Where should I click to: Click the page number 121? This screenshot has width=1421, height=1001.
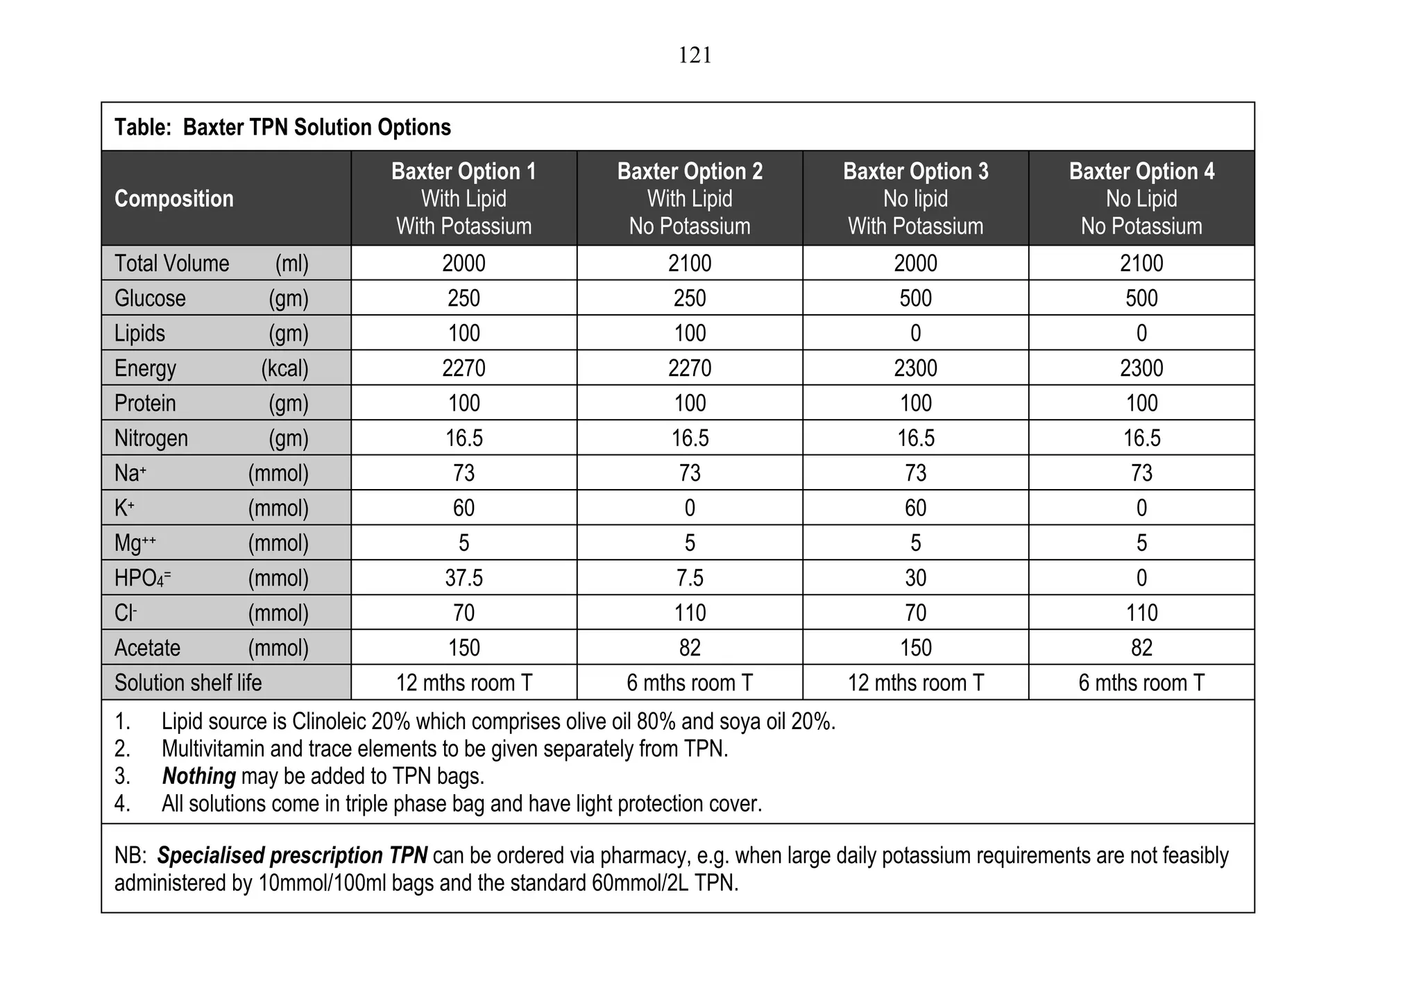coord(695,55)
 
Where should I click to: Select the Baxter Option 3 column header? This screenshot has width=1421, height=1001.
coord(915,198)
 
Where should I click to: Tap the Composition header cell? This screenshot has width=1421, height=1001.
coord(173,199)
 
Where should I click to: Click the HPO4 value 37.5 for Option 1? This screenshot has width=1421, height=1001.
coord(463,578)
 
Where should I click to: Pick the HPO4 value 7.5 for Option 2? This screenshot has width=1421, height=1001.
coord(690,578)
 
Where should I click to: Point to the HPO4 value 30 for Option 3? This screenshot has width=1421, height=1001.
coord(915,578)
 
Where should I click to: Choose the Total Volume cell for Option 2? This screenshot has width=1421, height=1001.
coord(690,264)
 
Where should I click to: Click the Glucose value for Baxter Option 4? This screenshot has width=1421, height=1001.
coord(1141,298)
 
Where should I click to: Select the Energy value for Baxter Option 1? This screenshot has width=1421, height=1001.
coord(463,368)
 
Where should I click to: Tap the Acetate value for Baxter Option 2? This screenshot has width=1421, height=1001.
coord(690,648)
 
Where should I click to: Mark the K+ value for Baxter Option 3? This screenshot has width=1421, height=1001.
coord(915,508)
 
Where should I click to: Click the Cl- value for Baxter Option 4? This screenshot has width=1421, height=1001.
coord(1141,613)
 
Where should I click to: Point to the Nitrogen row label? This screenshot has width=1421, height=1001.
coord(151,438)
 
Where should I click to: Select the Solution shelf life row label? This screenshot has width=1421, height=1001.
coord(188,683)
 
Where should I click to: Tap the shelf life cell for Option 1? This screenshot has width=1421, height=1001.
coord(463,683)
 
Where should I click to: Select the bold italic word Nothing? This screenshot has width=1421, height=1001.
coord(198,776)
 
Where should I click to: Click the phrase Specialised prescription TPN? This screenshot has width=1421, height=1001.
coord(292,856)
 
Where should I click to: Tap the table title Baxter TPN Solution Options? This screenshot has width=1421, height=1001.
coord(282,128)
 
